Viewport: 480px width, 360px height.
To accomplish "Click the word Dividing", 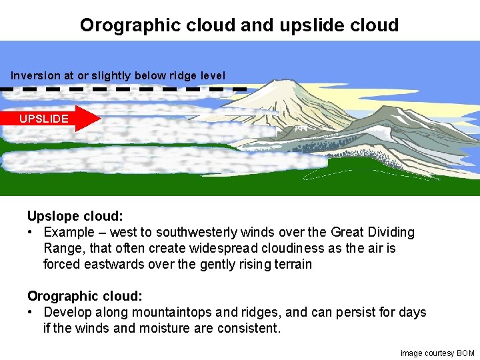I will click(390, 232).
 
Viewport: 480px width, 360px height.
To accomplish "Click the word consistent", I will click(247, 328).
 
